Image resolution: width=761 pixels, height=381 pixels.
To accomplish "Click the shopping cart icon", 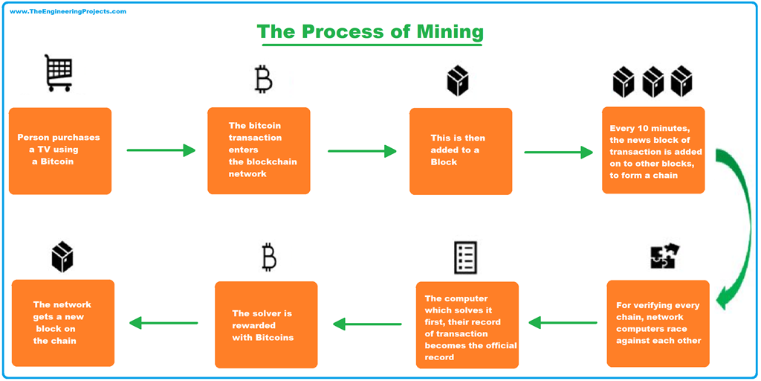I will pyautogui.click(x=59, y=72).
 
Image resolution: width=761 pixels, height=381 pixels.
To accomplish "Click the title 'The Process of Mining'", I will pyautogui.click(x=370, y=32).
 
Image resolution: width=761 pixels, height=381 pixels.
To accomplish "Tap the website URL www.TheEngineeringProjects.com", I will pyautogui.click(x=68, y=12).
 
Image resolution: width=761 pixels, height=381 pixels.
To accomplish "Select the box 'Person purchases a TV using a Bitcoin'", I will pyautogui.click(x=60, y=151).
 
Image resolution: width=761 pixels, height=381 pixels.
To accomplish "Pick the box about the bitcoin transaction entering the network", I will pyautogui.click(x=259, y=150).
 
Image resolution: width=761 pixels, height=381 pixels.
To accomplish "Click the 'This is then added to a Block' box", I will pyautogui.click(x=461, y=151).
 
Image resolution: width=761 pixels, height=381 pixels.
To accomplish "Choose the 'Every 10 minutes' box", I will pyautogui.click(x=653, y=150).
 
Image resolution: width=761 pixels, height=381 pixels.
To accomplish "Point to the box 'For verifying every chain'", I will pyautogui.click(x=658, y=323).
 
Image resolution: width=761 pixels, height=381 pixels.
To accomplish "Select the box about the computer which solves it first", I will pyautogui.click(x=467, y=324).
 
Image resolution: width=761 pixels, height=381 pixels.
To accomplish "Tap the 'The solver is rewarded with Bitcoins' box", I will pyautogui.click(x=266, y=324).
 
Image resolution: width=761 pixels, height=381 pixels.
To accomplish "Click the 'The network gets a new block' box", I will pyautogui.click(x=63, y=323).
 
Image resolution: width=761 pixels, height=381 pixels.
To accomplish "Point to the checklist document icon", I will pyautogui.click(x=465, y=257).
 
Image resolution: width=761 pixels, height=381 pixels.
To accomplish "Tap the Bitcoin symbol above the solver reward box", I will pyautogui.click(x=269, y=257).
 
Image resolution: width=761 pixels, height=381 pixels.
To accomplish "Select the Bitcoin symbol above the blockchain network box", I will pyautogui.click(x=263, y=79).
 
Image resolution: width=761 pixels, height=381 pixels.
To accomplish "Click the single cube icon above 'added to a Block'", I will pyautogui.click(x=458, y=80).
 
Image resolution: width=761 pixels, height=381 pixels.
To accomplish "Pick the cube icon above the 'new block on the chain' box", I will pyautogui.click(x=62, y=257).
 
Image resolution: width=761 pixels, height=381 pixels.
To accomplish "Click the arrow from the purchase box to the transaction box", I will pyautogui.click(x=161, y=150).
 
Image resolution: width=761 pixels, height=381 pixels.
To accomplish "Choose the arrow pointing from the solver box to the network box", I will pyautogui.click(x=164, y=323).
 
